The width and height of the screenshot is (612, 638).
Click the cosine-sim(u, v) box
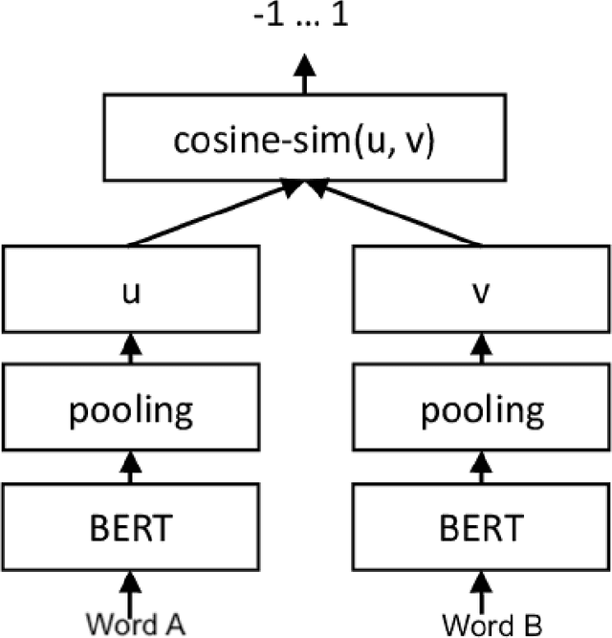pos(304,142)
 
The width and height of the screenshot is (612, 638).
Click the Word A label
pos(134,622)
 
